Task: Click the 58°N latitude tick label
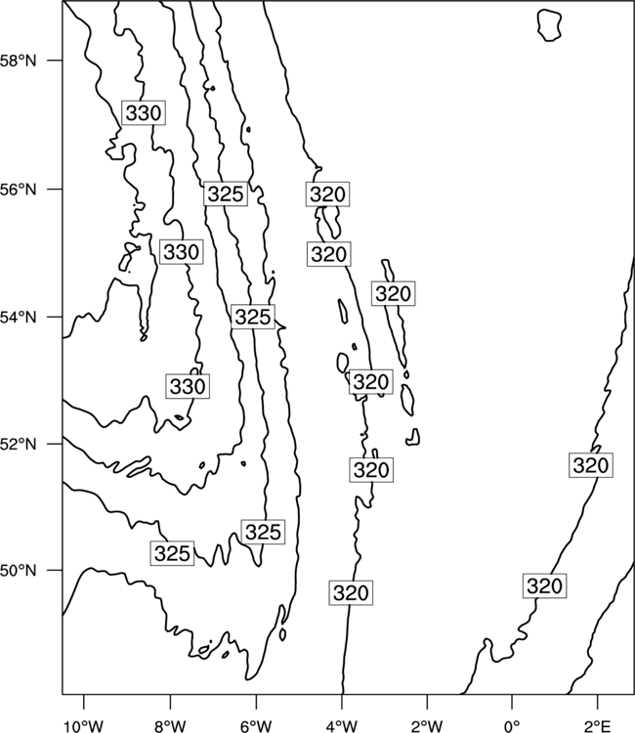click(18, 61)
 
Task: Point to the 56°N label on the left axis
click(18, 190)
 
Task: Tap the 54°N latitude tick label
click(18, 318)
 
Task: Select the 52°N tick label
click(18, 444)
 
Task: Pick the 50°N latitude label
click(18, 571)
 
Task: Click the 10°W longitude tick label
click(83, 726)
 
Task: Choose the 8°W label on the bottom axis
click(170, 726)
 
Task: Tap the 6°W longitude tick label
click(256, 726)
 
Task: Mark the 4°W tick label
click(342, 726)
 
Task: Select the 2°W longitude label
click(427, 726)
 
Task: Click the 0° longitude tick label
click(512, 726)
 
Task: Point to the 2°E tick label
click(598, 726)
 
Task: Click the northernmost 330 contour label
click(144, 112)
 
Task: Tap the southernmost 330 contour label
click(188, 387)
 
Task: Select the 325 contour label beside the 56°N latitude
click(226, 194)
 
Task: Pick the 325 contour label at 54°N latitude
click(253, 317)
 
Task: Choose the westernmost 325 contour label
click(172, 553)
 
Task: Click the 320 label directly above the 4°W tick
click(351, 593)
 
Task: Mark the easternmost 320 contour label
click(591, 465)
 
